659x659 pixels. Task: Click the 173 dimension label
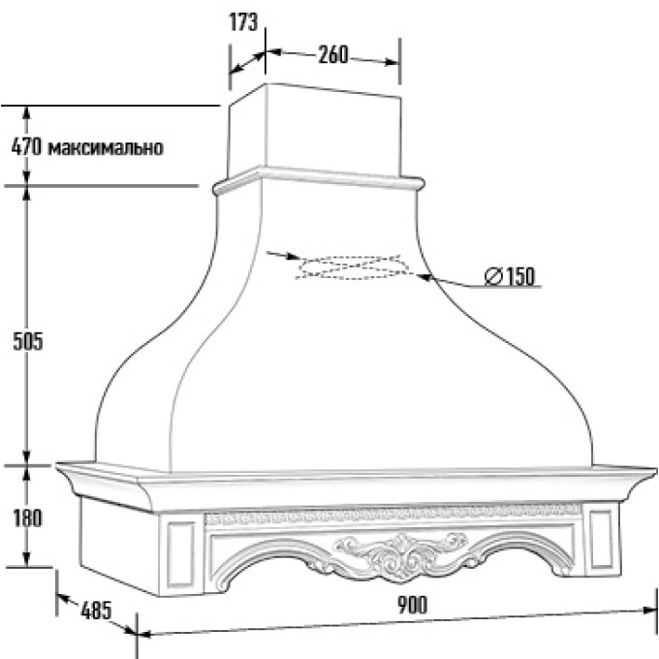pos(243,22)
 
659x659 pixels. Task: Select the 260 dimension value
pos(333,54)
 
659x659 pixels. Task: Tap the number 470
pos(26,147)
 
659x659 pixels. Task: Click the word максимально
pos(105,148)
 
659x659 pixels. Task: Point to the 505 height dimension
pos(28,341)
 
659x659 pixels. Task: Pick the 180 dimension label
pos(28,518)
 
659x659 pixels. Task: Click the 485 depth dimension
pos(96,611)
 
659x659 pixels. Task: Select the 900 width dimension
pos(412,605)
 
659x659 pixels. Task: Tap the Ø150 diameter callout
pos(510,276)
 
